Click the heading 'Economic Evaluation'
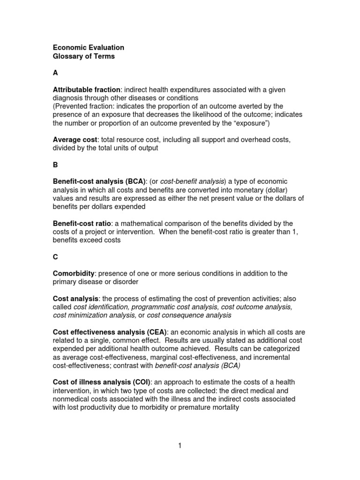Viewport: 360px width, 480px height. (x=88, y=47)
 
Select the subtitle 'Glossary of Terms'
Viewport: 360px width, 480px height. (x=83, y=56)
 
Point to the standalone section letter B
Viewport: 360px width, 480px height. (x=55, y=165)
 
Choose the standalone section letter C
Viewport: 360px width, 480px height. (x=55, y=257)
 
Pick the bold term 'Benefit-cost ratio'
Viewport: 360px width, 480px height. (x=83, y=223)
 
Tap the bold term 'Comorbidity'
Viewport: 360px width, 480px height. (x=74, y=273)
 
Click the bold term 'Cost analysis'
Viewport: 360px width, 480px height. (x=75, y=299)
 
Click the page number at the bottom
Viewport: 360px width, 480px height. (x=180, y=446)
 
